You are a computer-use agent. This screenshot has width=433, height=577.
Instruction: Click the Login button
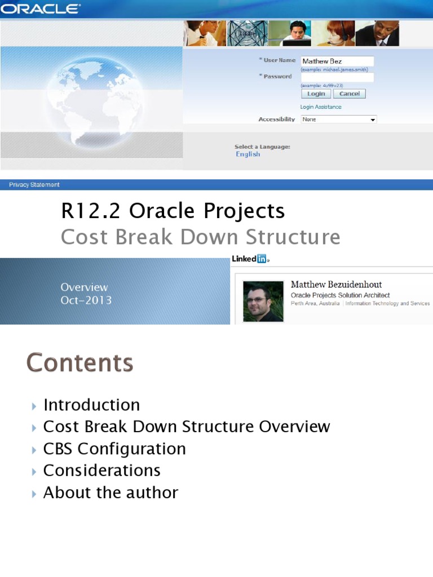pyautogui.click(x=316, y=94)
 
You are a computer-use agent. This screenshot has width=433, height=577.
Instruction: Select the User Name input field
pyautogui.click(x=337, y=61)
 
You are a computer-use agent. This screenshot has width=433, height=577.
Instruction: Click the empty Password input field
pyautogui.click(x=337, y=77)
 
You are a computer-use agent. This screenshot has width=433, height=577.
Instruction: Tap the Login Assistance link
pyautogui.click(x=321, y=107)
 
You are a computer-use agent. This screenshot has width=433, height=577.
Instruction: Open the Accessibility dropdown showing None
pyautogui.click(x=338, y=119)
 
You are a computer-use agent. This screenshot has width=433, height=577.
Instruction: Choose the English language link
pyautogui.click(x=248, y=154)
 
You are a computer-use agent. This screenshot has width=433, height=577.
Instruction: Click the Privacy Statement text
pyautogui.click(x=34, y=185)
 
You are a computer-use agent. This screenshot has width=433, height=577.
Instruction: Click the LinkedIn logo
pyautogui.click(x=250, y=259)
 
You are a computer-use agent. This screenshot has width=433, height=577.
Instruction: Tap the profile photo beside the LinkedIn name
pyautogui.click(x=263, y=301)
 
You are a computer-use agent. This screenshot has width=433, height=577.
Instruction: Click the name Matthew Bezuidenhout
pyautogui.click(x=336, y=285)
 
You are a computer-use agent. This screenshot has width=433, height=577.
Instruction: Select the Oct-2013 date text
pyautogui.click(x=86, y=300)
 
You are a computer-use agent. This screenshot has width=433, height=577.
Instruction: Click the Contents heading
pyautogui.click(x=79, y=363)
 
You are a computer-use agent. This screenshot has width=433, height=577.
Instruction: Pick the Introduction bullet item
pyautogui.click(x=91, y=405)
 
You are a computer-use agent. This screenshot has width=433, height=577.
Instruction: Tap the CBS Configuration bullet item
pyautogui.click(x=114, y=449)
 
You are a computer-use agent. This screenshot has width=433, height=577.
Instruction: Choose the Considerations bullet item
pyautogui.click(x=102, y=471)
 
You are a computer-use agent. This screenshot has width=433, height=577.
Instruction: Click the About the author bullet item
pyautogui.click(x=111, y=492)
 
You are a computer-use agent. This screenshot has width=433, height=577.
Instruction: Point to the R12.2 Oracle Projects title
pyautogui.click(x=173, y=211)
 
